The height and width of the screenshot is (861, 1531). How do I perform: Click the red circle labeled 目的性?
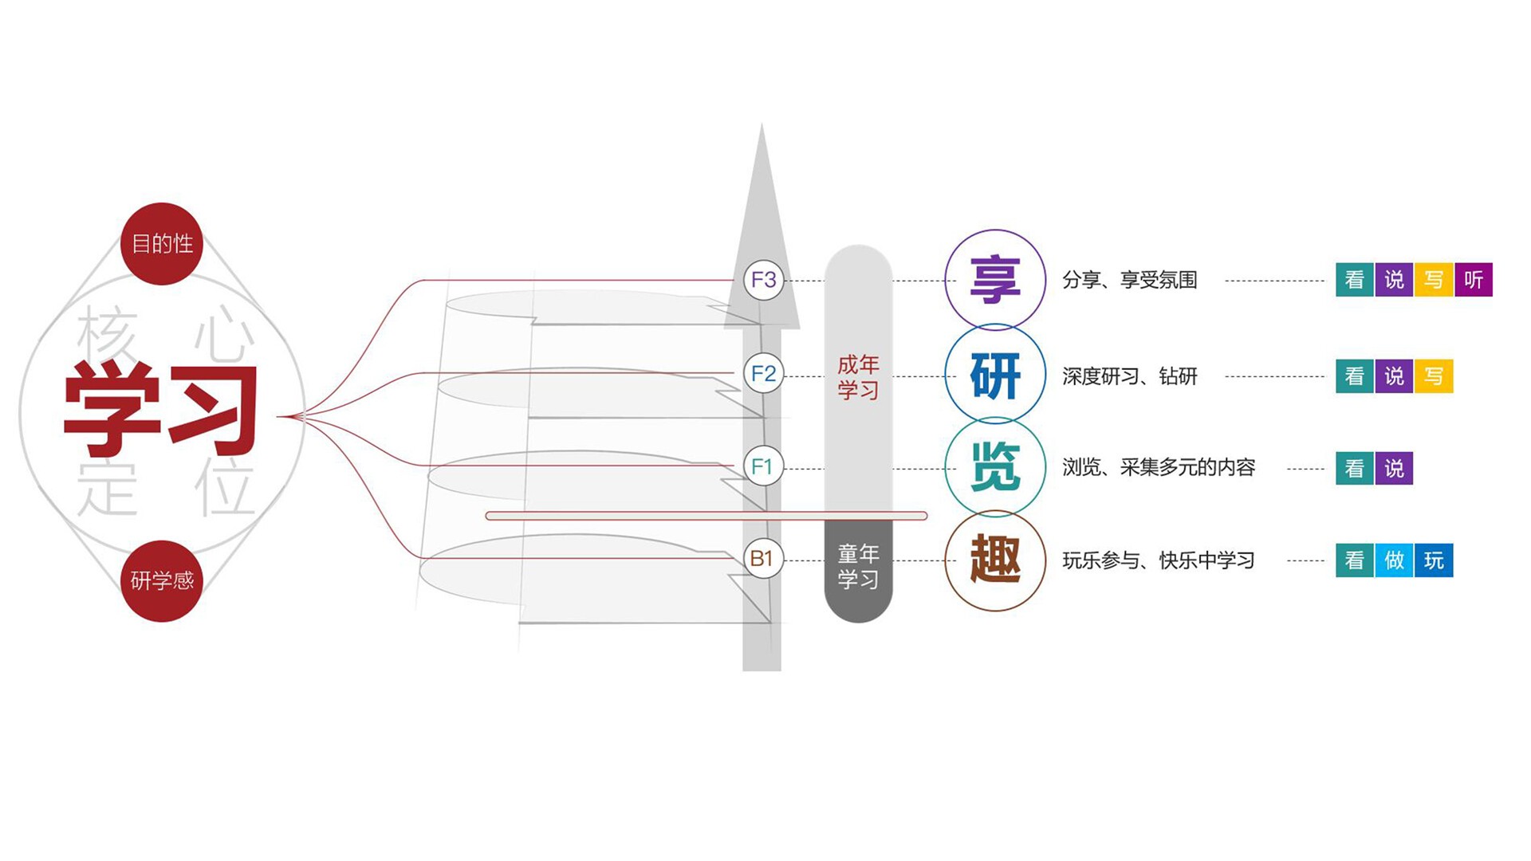point(162,244)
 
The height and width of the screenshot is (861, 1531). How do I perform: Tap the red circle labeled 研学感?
point(162,580)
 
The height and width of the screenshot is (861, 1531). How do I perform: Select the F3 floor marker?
point(763,280)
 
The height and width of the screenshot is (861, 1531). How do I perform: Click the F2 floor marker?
point(763,373)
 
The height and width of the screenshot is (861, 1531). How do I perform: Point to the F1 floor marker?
point(762,466)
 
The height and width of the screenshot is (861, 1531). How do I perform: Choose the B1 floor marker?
point(762,559)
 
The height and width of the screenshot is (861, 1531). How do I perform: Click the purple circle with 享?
point(995,280)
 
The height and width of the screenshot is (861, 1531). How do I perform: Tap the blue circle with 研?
point(995,375)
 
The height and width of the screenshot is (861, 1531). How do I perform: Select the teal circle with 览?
point(995,467)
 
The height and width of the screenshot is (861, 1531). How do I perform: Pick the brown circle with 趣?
point(995,560)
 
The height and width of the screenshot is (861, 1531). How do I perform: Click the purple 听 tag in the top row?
point(1474,280)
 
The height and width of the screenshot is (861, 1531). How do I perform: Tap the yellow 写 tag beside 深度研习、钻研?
point(1434,376)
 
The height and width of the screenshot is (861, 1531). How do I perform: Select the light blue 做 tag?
point(1394,560)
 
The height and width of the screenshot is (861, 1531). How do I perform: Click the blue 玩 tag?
point(1434,560)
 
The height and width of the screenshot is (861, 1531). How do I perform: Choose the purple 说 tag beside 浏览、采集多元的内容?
point(1394,468)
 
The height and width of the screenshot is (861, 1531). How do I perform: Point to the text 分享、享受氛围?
point(1130,280)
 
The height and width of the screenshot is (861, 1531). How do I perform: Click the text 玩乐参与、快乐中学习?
point(1159,560)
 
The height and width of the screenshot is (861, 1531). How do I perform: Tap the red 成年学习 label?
point(858,377)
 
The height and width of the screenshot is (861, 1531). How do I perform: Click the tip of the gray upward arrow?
point(762,124)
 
